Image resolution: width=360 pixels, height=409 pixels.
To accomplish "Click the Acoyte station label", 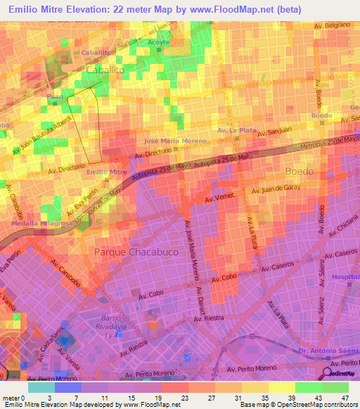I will (159, 42).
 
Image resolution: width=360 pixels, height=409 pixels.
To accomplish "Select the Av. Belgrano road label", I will (333, 25).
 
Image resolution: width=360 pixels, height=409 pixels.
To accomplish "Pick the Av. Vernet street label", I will (219, 200).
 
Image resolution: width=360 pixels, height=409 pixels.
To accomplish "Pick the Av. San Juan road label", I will (274, 133).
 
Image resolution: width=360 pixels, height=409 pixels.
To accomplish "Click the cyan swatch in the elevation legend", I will (41, 387).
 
